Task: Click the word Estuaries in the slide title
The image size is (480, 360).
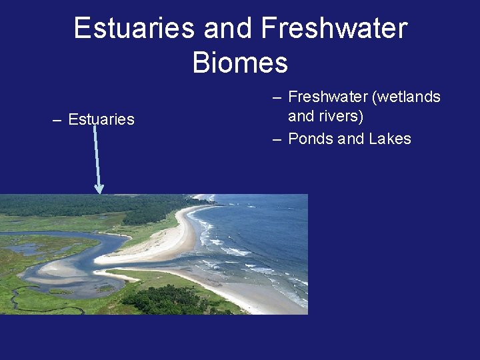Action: tap(133, 29)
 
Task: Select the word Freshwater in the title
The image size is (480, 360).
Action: tap(334, 29)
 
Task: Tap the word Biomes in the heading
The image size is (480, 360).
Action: tap(240, 63)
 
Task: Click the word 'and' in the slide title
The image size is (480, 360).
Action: tap(228, 29)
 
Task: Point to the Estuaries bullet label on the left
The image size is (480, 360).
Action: tap(101, 120)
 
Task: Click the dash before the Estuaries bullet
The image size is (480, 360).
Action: tap(57, 120)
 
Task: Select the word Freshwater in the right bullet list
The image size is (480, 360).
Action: tap(328, 97)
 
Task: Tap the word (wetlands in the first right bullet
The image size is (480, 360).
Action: tap(407, 97)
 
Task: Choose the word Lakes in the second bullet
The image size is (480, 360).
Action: tap(390, 139)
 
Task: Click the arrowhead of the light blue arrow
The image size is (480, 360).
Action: tap(99, 189)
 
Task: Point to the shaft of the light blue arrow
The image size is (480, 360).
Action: tap(97, 157)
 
